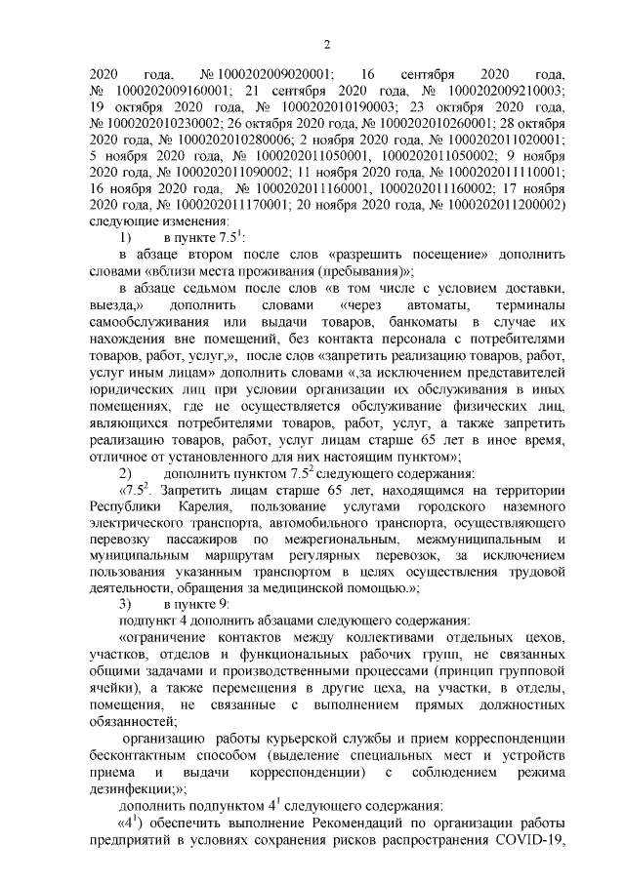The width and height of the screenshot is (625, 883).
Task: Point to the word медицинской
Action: [399, 587]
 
